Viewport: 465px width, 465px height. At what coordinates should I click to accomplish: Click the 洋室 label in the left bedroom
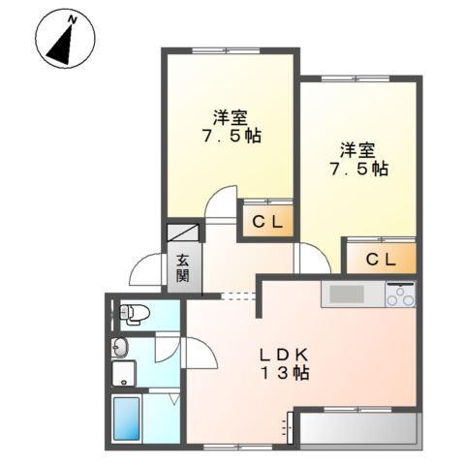point(231,118)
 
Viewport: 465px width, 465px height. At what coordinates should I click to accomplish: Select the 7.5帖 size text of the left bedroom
point(231,138)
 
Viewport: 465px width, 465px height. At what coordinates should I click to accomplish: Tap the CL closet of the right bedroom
point(381,258)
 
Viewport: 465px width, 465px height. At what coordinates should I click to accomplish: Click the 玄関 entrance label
point(182,266)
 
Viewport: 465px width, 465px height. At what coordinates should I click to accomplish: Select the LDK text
point(280,354)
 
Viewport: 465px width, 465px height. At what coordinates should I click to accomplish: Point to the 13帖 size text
point(280,373)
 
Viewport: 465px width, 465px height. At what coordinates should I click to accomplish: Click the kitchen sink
point(344,294)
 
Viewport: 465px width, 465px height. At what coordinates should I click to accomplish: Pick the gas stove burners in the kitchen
point(400,294)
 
